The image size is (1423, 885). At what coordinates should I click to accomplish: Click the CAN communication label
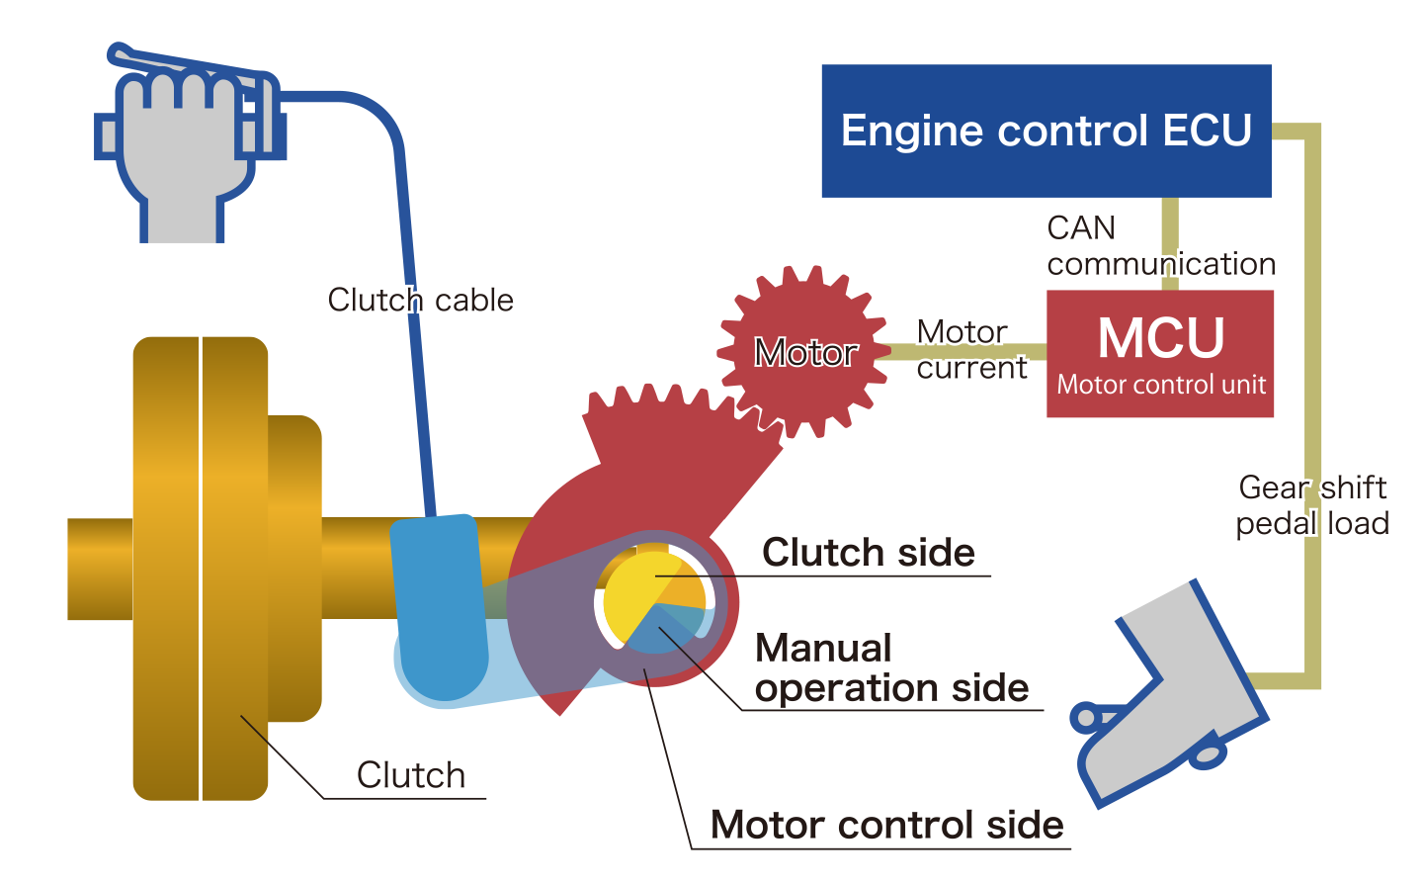tap(1161, 246)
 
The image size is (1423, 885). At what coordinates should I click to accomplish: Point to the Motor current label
tap(971, 349)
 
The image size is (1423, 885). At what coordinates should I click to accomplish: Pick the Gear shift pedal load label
tap(1313, 505)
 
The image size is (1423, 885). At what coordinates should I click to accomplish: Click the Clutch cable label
tap(421, 300)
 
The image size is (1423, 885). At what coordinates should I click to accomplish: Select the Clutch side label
tap(869, 552)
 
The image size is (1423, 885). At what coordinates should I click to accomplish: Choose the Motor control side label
tap(887, 825)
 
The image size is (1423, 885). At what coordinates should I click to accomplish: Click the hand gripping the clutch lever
tap(183, 148)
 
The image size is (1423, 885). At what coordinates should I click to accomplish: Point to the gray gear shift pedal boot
tap(1176, 692)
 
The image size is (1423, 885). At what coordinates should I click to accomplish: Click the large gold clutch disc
tap(201, 569)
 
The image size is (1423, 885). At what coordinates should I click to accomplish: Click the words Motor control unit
tap(1161, 385)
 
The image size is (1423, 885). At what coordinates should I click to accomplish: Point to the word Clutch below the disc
tap(411, 775)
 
